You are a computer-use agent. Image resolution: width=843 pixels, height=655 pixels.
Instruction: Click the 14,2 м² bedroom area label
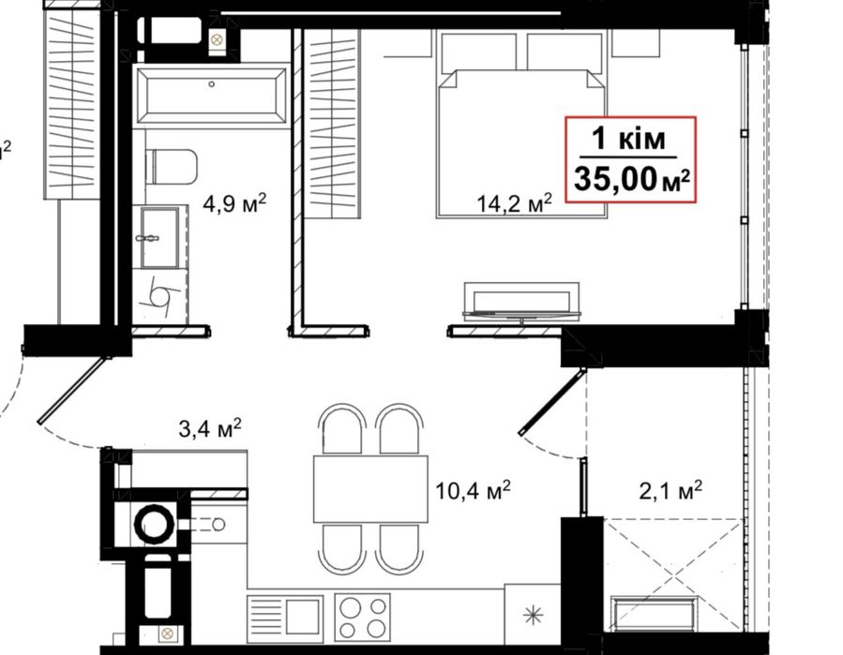[515, 203]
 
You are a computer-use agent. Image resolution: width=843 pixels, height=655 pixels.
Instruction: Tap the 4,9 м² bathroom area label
[234, 203]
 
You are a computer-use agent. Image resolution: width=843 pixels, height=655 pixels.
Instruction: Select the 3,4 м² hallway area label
[210, 429]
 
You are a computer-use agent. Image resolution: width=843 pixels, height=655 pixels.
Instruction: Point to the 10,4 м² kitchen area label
[473, 490]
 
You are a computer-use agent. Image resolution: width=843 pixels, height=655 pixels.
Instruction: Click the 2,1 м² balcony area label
[670, 490]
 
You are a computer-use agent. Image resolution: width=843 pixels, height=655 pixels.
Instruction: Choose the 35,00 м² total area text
[631, 179]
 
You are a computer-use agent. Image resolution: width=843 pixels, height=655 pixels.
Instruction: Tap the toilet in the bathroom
[172, 167]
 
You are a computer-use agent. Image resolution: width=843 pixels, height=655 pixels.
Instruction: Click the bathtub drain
[212, 84]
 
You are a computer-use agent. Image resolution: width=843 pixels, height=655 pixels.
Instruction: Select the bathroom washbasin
[159, 237]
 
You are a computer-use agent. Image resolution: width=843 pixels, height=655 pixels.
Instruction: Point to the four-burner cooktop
[362, 618]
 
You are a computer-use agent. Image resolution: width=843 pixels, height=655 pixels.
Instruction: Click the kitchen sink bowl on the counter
[304, 617]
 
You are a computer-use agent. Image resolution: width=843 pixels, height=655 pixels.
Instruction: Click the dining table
[371, 489]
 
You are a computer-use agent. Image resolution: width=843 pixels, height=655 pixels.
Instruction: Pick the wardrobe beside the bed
[332, 124]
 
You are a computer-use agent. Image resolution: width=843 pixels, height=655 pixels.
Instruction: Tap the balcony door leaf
[552, 402]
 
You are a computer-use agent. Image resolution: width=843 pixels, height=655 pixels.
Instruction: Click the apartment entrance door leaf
[72, 390]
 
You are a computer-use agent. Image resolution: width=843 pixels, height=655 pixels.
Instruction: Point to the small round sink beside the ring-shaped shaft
[218, 524]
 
